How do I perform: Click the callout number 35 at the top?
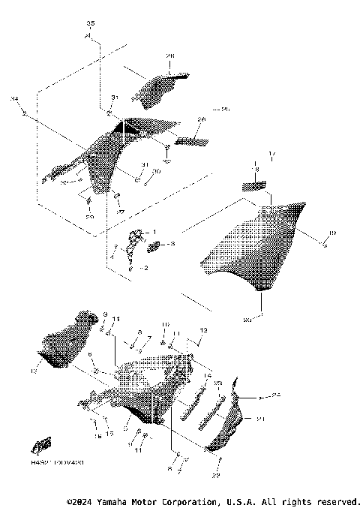tap(91, 25)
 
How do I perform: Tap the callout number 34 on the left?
tap(14, 98)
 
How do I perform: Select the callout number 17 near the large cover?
tap(272, 155)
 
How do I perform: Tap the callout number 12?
tap(202, 329)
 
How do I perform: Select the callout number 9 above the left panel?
tap(106, 314)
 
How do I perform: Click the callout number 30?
tap(156, 171)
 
